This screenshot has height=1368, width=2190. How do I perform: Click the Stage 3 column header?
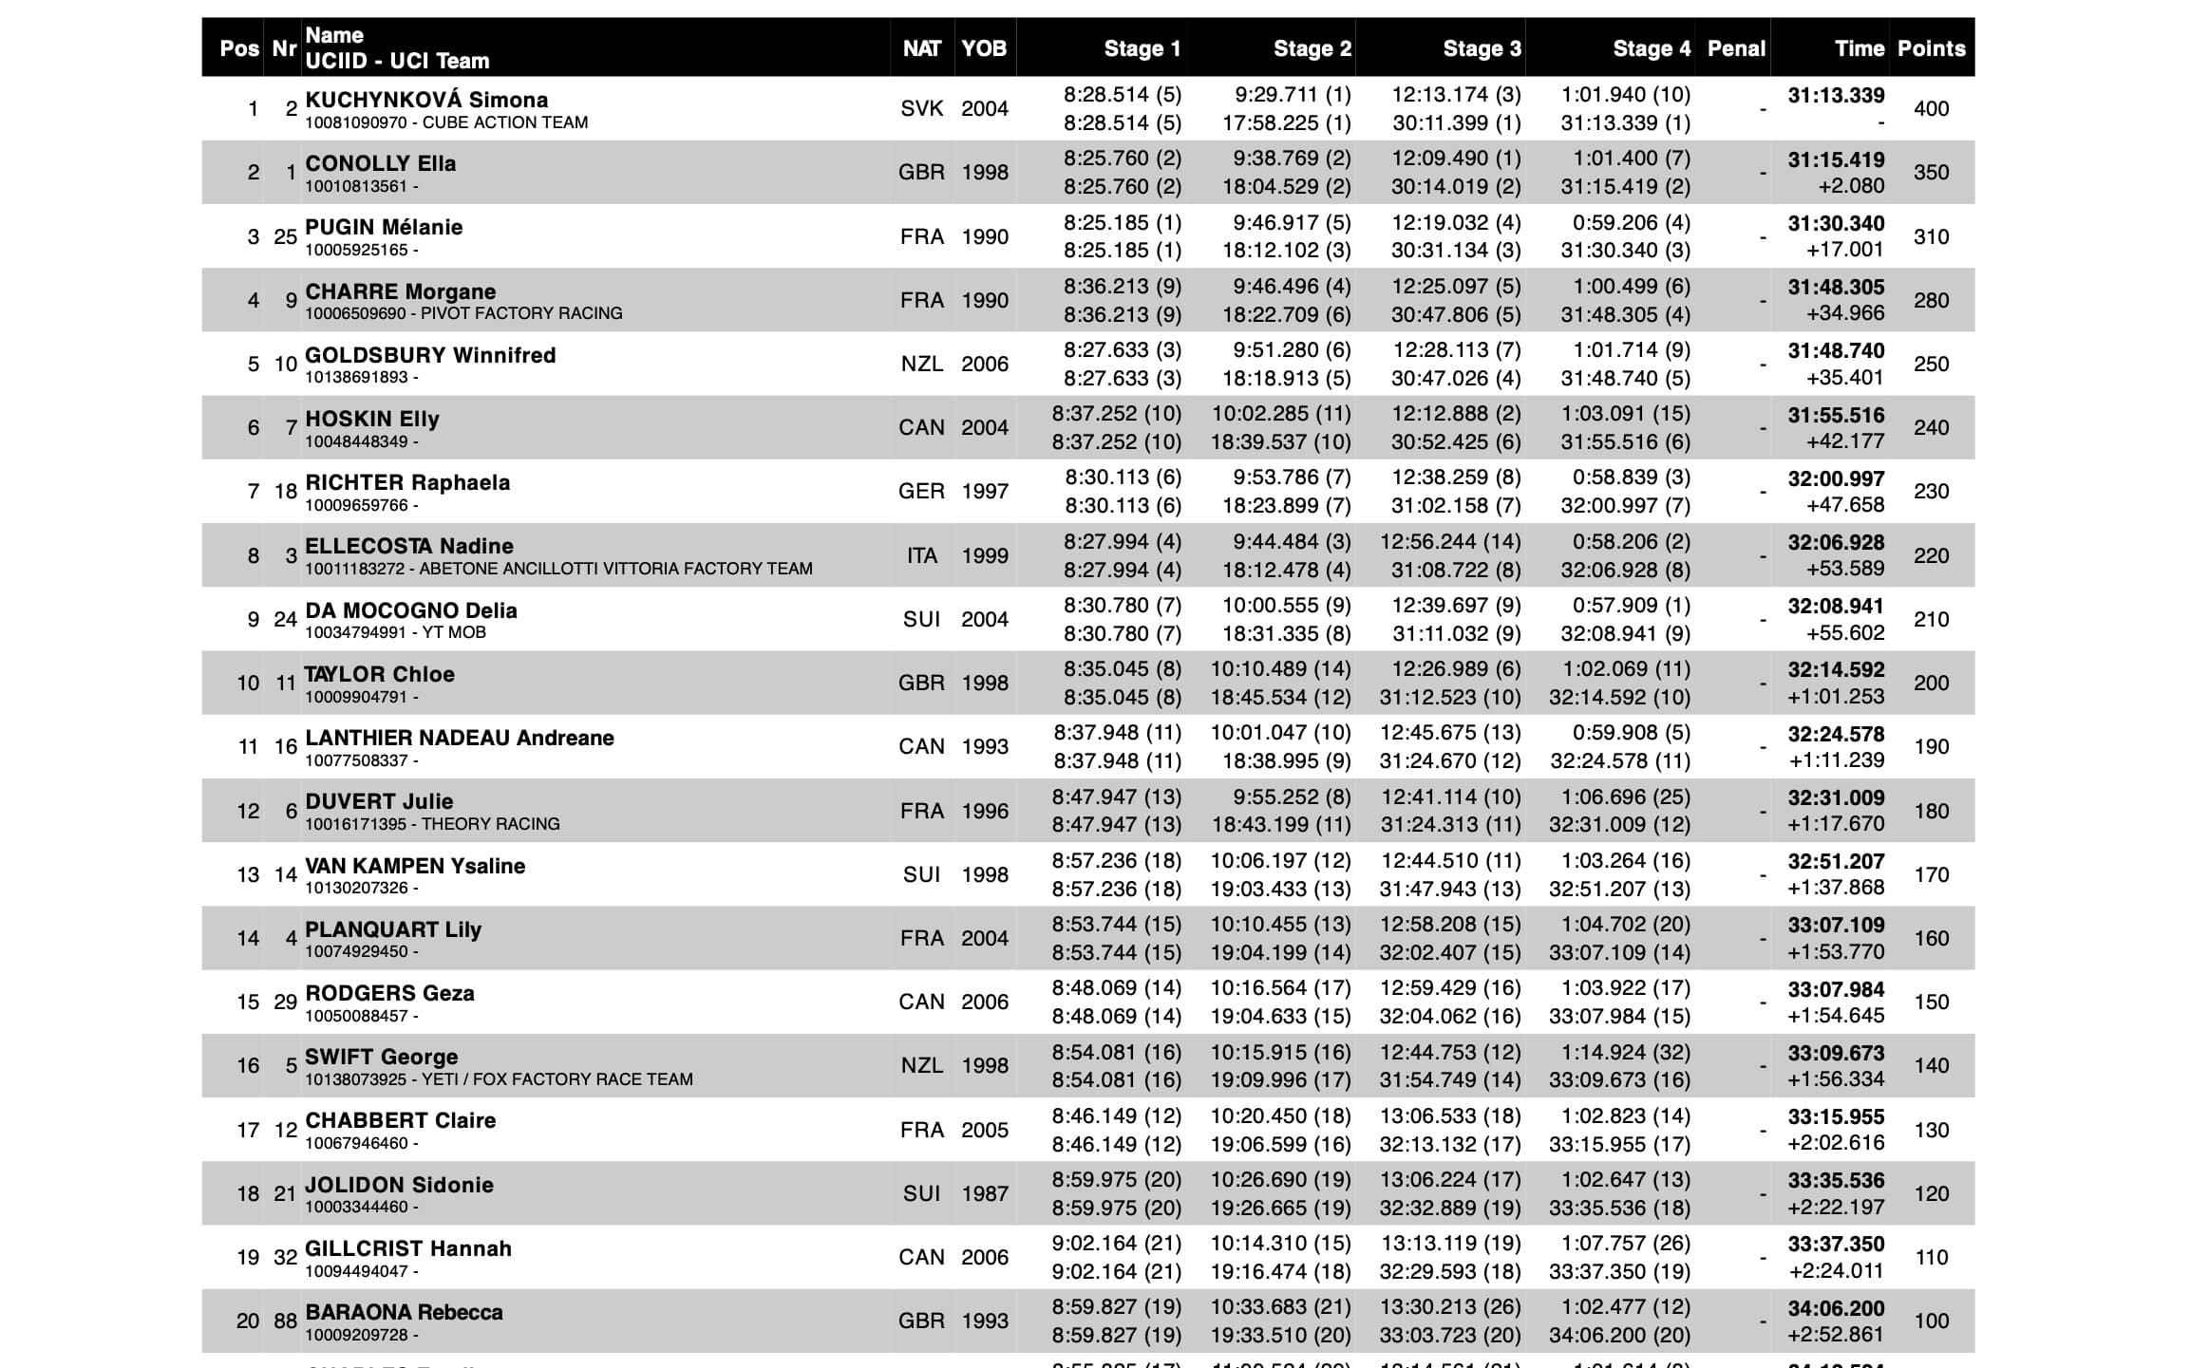(1482, 48)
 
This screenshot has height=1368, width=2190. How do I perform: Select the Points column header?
(1931, 48)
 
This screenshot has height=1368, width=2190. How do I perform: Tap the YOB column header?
(983, 48)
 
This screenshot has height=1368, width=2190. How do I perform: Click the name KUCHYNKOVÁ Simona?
(426, 100)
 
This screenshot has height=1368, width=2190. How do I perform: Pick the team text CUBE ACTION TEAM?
(504, 122)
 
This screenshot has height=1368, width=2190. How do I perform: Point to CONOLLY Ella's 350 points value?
(1931, 173)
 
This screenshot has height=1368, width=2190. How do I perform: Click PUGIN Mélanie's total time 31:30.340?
(1835, 224)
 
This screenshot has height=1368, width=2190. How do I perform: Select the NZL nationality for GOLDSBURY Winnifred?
(921, 365)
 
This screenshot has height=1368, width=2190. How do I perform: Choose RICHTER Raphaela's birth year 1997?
(984, 492)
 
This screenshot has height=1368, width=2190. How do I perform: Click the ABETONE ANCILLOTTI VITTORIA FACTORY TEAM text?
(615, 569)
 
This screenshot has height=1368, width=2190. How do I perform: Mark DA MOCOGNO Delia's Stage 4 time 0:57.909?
(1626, 606)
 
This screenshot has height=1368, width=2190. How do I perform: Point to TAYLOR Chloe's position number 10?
(248, 684)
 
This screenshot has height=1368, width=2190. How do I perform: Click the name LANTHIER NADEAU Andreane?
(460, 738)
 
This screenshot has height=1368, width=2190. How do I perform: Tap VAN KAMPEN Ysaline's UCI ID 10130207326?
(356, 888)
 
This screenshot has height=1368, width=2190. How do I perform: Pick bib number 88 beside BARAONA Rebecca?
(285, 1321)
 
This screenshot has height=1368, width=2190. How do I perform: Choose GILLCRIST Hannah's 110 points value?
(1931, 1258)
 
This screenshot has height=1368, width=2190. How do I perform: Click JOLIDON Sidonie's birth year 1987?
(984, 1194)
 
